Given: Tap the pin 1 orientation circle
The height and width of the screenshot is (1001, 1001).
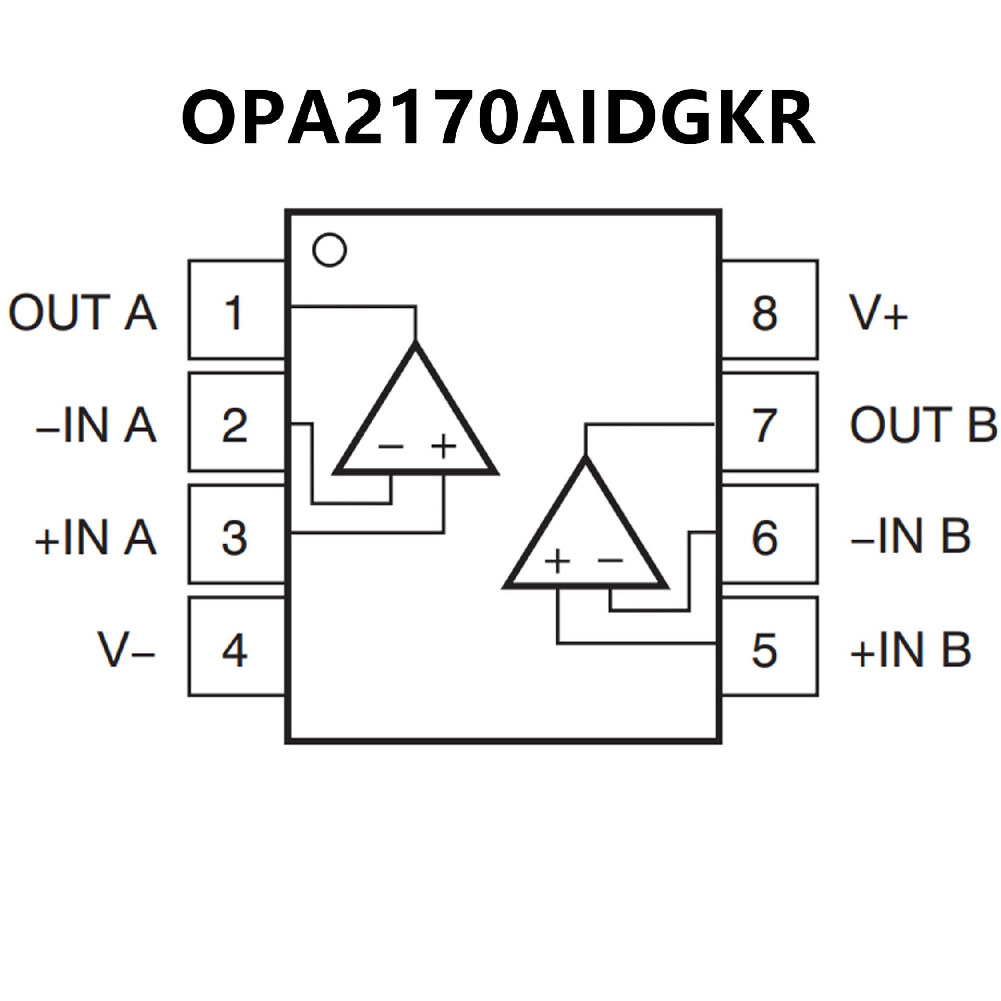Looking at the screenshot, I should [x=329, y=251].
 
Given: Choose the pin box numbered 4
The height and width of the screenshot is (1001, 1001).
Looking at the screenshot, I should [x=236, y=650].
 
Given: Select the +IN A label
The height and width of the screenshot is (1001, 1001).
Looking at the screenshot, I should [x=95, y=537].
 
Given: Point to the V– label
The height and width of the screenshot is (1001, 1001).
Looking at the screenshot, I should [x=127, y=650].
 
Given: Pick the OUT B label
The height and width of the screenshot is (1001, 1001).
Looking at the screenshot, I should [x=923, y=424].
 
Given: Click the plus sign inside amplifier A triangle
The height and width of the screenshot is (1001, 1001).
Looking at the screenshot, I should [x=444, y=446].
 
